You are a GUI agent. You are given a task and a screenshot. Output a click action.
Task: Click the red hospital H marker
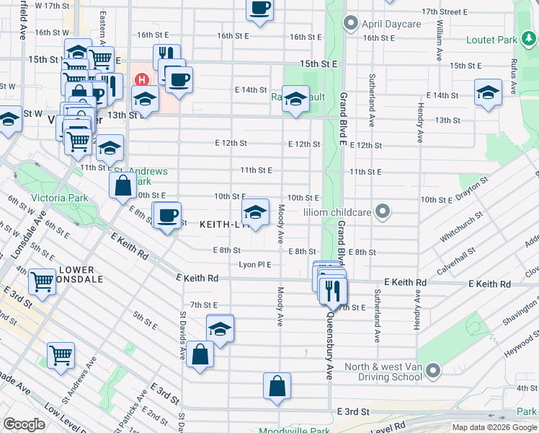[142, 79]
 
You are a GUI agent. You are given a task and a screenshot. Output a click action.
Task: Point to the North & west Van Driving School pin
[432, 371]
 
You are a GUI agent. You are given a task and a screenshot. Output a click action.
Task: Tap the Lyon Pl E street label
[255, 265]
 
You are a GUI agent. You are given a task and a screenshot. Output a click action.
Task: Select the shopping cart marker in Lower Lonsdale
[43, 282]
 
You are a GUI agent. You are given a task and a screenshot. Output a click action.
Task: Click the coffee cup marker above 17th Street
[260, 8]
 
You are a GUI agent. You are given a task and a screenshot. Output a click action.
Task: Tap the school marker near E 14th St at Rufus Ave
[488, 92]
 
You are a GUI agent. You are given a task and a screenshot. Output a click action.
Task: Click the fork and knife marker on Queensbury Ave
[333, 291]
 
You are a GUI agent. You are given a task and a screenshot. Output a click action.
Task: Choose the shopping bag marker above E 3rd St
[277, 386]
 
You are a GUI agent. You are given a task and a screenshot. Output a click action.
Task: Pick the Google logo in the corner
[24, 424]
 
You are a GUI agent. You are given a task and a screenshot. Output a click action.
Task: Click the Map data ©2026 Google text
[494, 427]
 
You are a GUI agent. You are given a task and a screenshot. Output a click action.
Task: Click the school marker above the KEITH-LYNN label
[254, 212]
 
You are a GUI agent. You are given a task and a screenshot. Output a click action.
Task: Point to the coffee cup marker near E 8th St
[168, 216]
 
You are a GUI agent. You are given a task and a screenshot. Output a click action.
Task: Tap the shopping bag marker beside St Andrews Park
[122, 185]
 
